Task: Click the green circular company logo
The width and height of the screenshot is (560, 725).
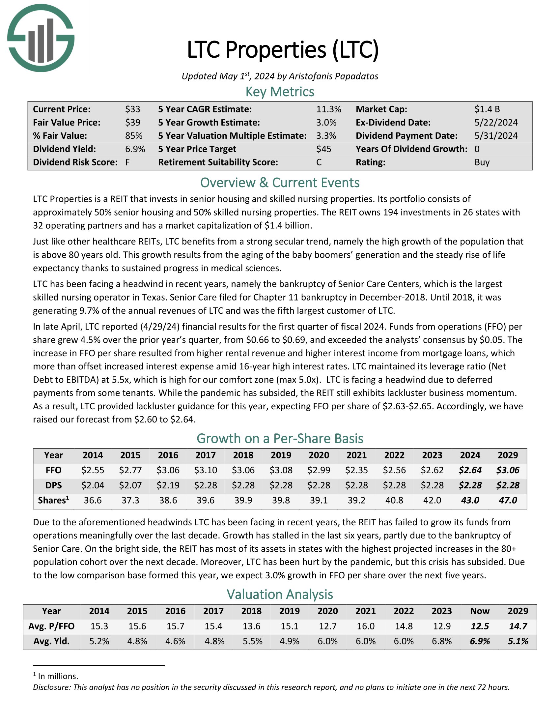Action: click(x=41, y=38)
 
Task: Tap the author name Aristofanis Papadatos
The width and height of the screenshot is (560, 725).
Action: click(x=333, y=76)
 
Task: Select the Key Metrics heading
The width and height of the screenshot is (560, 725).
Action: click(x=280, y=92)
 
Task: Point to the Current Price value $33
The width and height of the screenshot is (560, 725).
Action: click(x=133, y=109)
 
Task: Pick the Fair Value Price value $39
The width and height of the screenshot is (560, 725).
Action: click(x=133, y=123)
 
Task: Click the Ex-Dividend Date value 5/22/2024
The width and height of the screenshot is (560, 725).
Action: click(x=496, y=123)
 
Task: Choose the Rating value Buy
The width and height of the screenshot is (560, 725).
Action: click(x=482, y=162)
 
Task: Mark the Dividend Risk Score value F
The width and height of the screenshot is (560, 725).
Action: click(x=127, y=162)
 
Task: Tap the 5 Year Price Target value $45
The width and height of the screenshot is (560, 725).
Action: click(x=323, y=149)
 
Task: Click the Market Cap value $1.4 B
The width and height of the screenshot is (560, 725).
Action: click(x=487, y=109)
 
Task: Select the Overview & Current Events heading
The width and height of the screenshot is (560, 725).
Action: click(x=280, y=183)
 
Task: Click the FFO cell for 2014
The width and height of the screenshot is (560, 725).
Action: click(x=93, y=470)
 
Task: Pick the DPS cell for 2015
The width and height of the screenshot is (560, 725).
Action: click(x=130, y=485)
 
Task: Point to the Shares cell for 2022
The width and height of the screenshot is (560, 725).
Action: click(x=394, y=500)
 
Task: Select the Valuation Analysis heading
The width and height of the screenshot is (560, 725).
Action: click(x=280, y=594)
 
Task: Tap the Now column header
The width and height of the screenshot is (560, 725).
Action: click(x=480, y=611)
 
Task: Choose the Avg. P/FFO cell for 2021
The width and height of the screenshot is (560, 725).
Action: click(x=366, y=626)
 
